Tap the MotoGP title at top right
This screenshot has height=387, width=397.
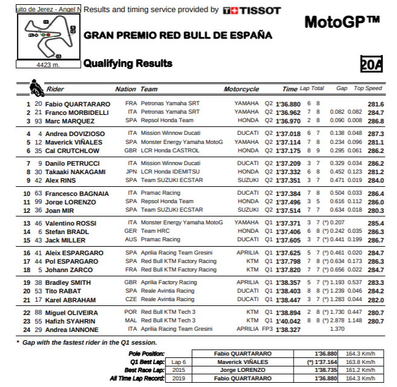click(342, 22)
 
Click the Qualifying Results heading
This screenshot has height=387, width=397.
click(127, 63)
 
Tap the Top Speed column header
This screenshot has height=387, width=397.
click(368, 89)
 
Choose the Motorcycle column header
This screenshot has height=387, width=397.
click(241, 89)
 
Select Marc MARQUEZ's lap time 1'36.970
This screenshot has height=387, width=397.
click(288, 121)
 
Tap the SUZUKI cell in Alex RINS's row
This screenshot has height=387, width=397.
click(248, 180)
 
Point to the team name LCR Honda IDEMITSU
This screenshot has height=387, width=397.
click(170, 172)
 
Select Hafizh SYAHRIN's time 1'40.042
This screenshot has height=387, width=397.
click(288, 320)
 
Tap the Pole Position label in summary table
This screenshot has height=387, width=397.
click(146, 353)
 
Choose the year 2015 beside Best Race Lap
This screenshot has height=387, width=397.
click(178, 370)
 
